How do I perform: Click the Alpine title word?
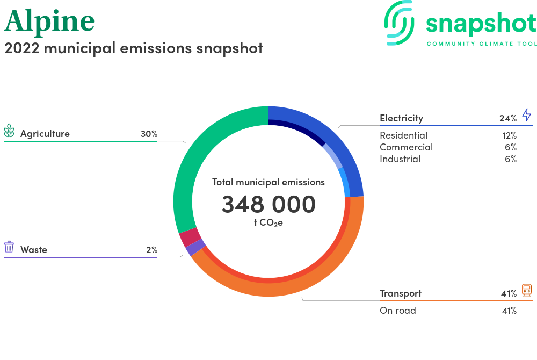point(49,21)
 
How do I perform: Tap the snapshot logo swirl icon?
point(399,23)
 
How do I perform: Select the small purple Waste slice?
point(195,247)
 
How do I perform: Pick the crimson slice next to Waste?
point(190,237)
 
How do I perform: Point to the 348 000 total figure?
point(268,204)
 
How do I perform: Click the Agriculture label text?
point(45,134)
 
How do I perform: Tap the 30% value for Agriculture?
point(149,134)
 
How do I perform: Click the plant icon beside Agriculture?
point(9,131)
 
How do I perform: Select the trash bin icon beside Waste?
point(9,247)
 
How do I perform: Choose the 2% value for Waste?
point(152,250)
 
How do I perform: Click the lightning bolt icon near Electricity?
point(527,115)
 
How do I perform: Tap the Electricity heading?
point(401,118)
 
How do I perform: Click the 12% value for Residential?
point(509,135)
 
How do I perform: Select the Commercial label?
point(406,147)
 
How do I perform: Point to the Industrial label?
point(400,159)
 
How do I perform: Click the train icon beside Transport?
point(527,290)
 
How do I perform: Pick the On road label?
point(397,311)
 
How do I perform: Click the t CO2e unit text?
point(268,223)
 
